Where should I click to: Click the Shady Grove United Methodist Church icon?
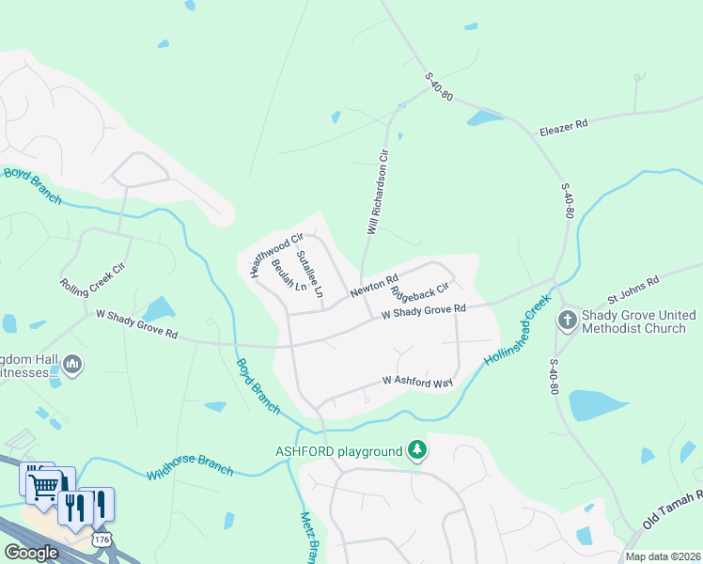(568, 320)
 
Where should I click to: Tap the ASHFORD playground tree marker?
(417, 451)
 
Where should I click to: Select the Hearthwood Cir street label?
(276, 254)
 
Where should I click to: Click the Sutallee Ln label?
(309, 274)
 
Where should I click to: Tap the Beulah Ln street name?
(289, 274)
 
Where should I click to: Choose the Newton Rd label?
(375, 286)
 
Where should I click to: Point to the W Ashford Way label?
(417, 382)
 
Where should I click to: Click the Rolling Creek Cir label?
(93, 279)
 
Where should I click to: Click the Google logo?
(31, 553)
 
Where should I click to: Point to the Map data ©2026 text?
(662, 556)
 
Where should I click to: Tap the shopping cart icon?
(42, 485)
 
